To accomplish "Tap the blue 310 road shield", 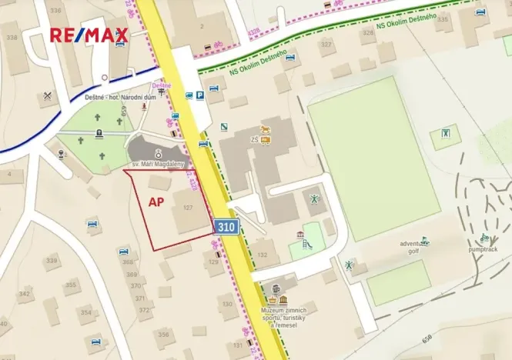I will tap(226, 226).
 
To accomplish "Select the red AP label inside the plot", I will tap(156, 202).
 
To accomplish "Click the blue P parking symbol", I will tap(199, 95).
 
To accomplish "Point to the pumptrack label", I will tap(483, 249).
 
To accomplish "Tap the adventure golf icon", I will tap(426, 241).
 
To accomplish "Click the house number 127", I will tap(186, 208).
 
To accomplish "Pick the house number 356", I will tap(162, 334).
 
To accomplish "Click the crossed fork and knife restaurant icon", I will tap(48, 96).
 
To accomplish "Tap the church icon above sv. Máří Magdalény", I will tap(158, 152).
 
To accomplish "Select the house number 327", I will tap(326, 44).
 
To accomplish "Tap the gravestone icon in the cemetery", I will tap(99, 133).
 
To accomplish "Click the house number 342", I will tap(25, 293).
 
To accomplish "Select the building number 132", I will tap(263, 254).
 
